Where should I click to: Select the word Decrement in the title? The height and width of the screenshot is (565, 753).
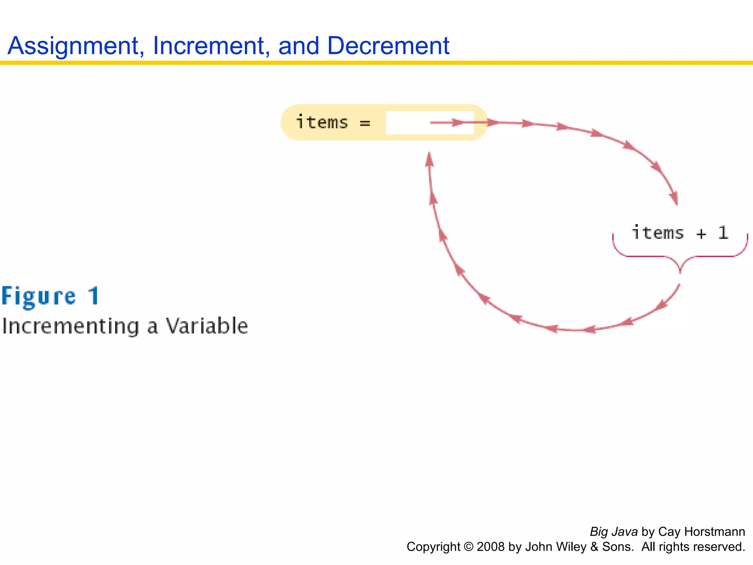coord(388,46)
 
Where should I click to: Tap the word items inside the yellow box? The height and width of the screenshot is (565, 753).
coord(322,122)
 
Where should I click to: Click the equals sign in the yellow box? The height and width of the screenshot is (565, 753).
coord(365,124)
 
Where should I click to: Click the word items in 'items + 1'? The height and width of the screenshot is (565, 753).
coord(657,233)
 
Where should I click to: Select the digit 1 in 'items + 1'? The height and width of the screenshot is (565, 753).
coord(723,233)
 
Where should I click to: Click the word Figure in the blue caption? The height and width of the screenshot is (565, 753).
coord(39,296)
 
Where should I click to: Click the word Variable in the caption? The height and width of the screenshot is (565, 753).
coord(207,326)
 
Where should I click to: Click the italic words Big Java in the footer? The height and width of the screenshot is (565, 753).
coord(613,532)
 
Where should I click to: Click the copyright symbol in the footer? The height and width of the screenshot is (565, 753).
coord(468,547)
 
